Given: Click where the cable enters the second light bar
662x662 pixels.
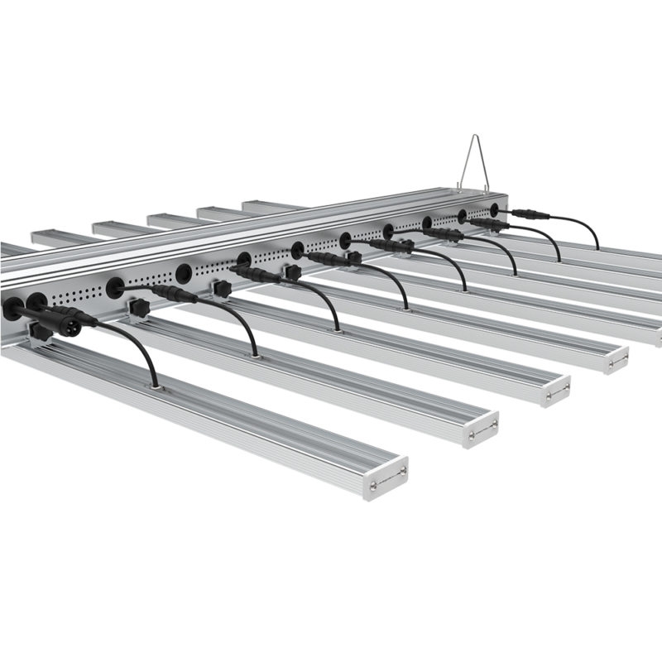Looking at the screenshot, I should (256, 355).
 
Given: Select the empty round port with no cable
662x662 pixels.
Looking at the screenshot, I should (183, 273).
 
